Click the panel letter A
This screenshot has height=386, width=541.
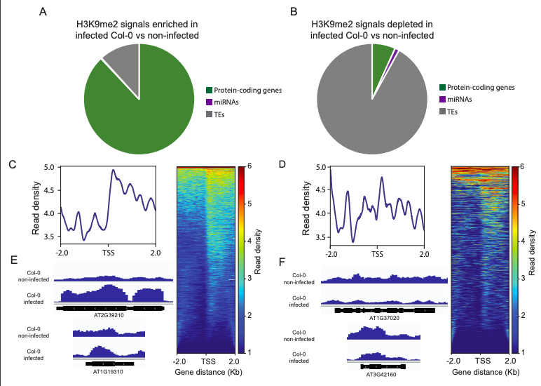coord(43,12)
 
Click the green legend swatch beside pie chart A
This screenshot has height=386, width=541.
coord(209,90)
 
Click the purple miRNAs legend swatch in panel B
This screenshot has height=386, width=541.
coord(443,100)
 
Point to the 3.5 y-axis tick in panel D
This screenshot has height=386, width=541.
coord(320,237)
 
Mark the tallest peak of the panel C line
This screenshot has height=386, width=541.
coord(113,171)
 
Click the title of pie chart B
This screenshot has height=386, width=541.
coord(372,29)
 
